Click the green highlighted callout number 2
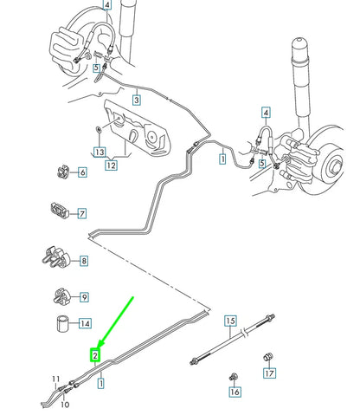(95, 353)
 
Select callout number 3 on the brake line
(136, 101)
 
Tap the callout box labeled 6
(82, 172)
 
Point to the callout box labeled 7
(81, 213)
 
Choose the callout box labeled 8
(82, 260)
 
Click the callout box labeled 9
(84, 297)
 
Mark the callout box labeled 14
(84, 324)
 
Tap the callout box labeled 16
(234, 392)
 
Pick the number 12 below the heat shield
(111, 165)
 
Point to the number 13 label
(100, 152)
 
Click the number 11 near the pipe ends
(55, 379)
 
